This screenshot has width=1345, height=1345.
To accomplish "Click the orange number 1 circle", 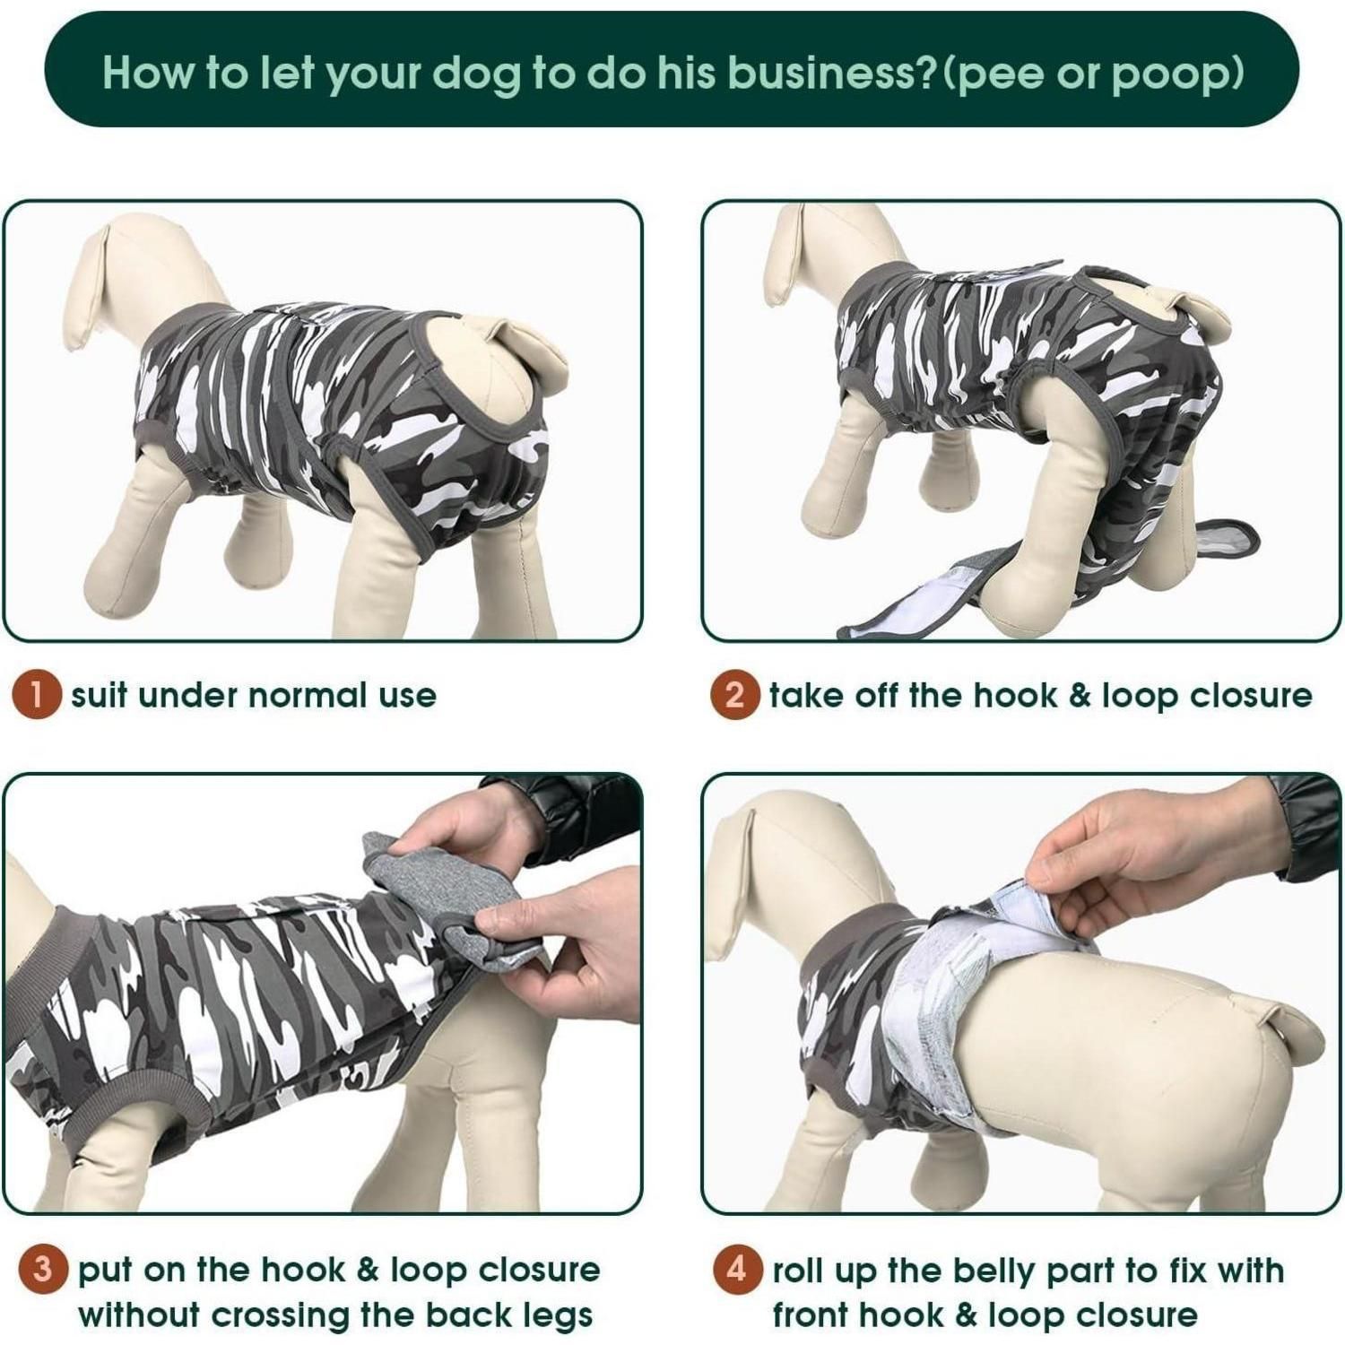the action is point(36,696).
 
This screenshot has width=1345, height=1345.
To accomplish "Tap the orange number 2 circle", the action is point(734,696).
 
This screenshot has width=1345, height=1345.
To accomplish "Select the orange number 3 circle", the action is point(43,1270).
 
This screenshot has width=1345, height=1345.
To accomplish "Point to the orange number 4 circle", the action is point(737,1270).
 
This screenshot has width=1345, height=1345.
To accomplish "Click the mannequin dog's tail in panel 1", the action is point(528,351).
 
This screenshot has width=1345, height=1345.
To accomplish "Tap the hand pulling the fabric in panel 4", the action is point(1157,861).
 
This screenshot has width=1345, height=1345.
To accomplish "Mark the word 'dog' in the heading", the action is point(477,74).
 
